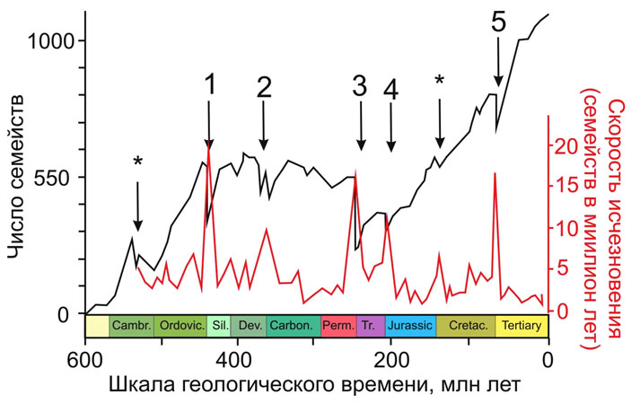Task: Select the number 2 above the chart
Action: click(264, 87)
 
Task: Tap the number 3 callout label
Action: click(360, 87)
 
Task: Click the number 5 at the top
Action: click(499, 22)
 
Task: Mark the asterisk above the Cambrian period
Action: click(137, 162)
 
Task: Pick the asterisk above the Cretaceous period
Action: click(439, 81)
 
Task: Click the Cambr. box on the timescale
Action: click(131, 326)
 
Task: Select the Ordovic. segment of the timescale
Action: click(180, 326)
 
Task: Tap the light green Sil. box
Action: click(218, 326)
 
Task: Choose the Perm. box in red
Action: click(337, 326)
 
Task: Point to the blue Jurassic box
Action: click(410, 326)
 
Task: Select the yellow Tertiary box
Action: click(521, 326)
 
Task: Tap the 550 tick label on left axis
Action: click(49, 177)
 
